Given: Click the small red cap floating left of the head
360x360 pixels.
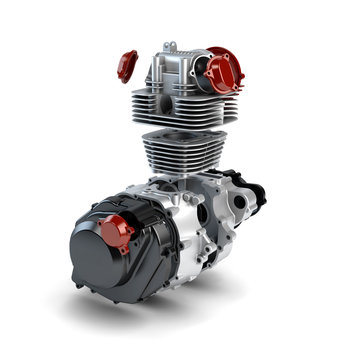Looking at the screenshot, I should [127, 65].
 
